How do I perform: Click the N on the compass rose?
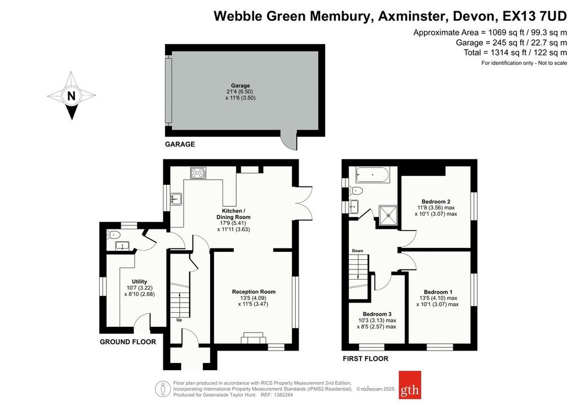coord(72,96)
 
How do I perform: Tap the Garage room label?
coord(240,85)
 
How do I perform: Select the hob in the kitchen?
coord(198,172)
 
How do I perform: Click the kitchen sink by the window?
coord(176,199)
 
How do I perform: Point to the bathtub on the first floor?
coord(372,175)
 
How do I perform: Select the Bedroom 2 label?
coord(436,202)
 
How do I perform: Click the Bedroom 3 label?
coord(377,314)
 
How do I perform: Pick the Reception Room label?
coord(254,292)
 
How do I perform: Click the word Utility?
coord(140,282)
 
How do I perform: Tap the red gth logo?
coord(410,385)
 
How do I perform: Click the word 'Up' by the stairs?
coord(179,320)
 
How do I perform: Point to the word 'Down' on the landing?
coord(357,251)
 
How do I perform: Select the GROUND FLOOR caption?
coord(128,342)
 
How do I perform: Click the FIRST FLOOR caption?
coord(365,358)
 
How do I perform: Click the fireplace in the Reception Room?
coord(254,338)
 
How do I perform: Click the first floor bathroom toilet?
coord(357,191)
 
